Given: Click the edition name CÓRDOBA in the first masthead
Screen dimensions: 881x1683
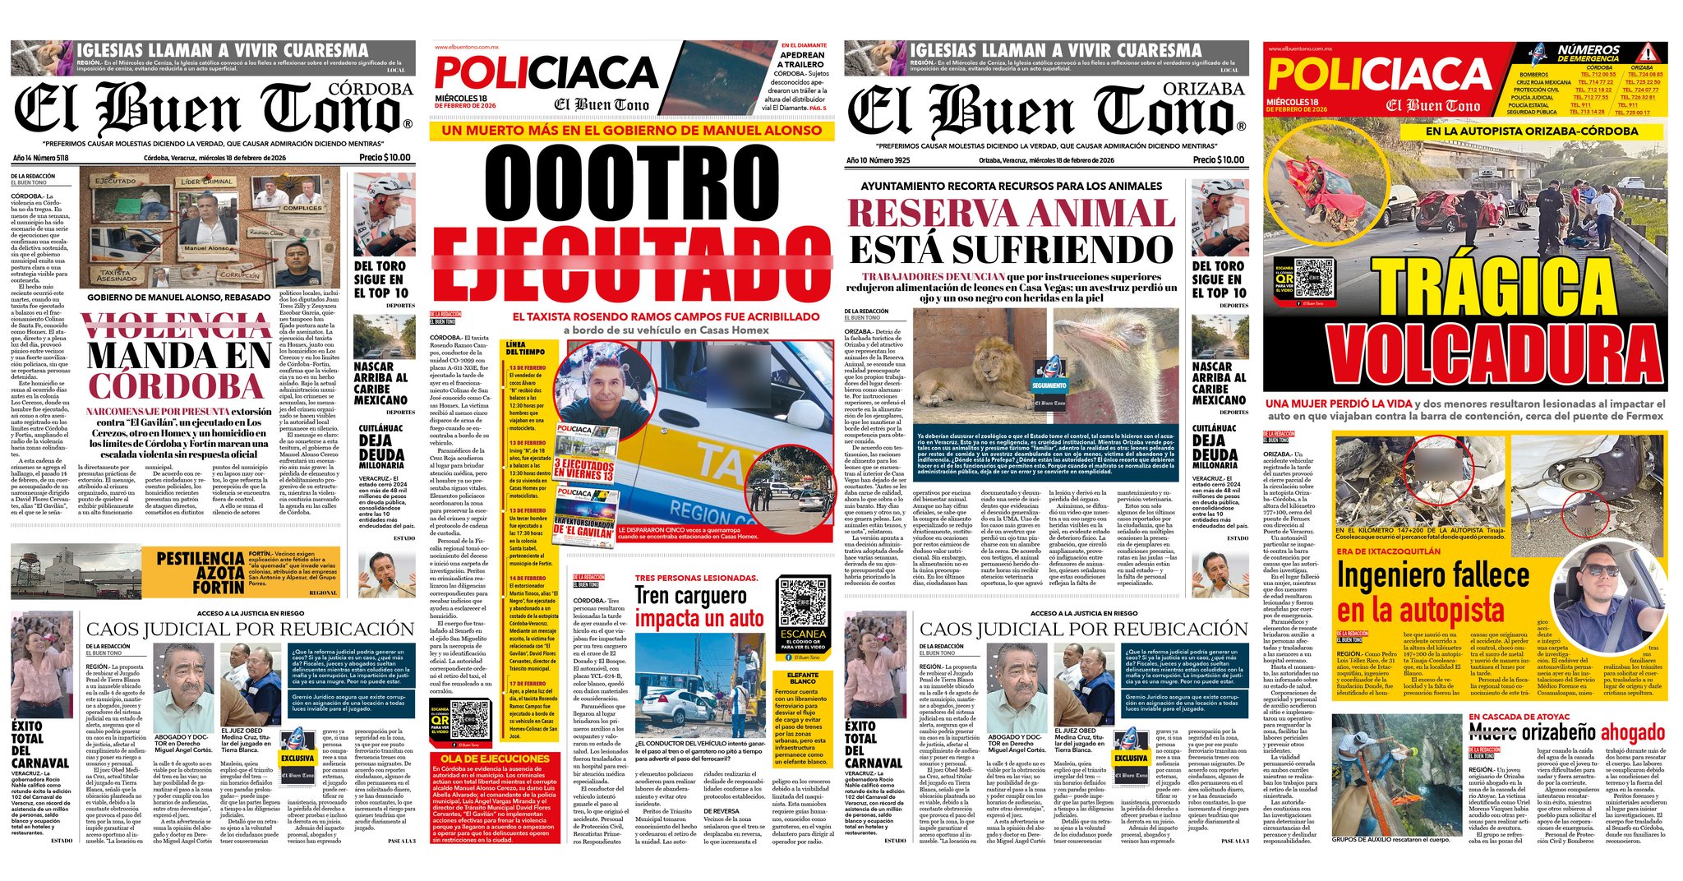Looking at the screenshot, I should [x=371, y=89].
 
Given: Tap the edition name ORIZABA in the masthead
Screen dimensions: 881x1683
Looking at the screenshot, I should [x=1204, y=89].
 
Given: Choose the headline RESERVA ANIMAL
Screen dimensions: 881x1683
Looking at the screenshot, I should [x=1011, y=213].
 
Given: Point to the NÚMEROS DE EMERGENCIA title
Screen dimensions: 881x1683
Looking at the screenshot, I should [x=1588, y=53].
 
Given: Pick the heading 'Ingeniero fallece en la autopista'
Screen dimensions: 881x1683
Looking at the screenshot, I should [x=1432, y=593].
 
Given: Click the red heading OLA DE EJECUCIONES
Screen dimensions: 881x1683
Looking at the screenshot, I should [x=494, y=758].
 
